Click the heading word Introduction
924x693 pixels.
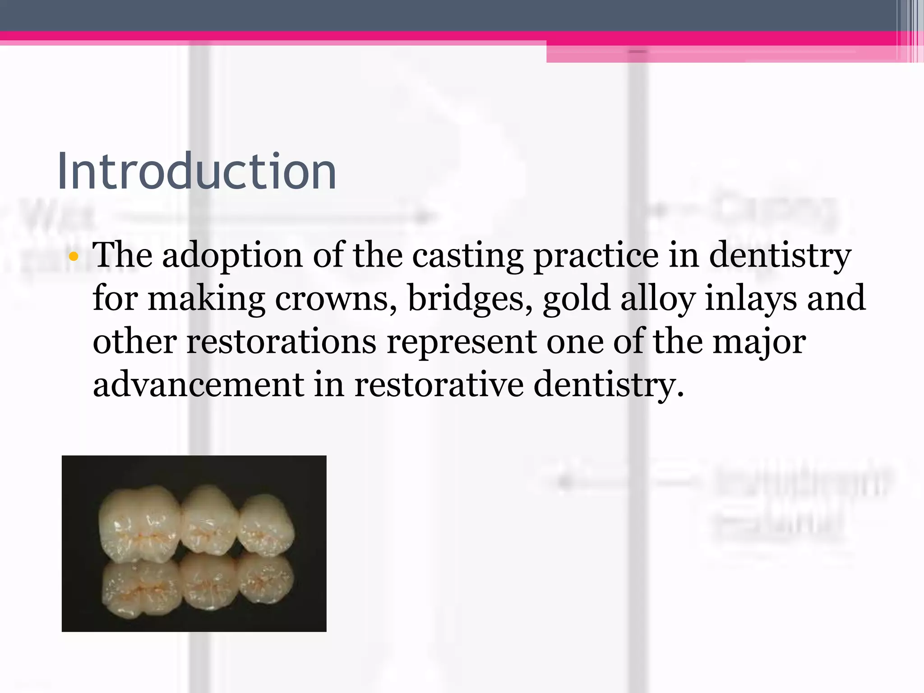point(197,171)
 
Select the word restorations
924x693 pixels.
point(282,342)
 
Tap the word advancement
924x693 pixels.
point(199,384)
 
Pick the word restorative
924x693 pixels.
point(439,384)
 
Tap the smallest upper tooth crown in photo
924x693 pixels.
point(266,526)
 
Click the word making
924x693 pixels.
point(206,299)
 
